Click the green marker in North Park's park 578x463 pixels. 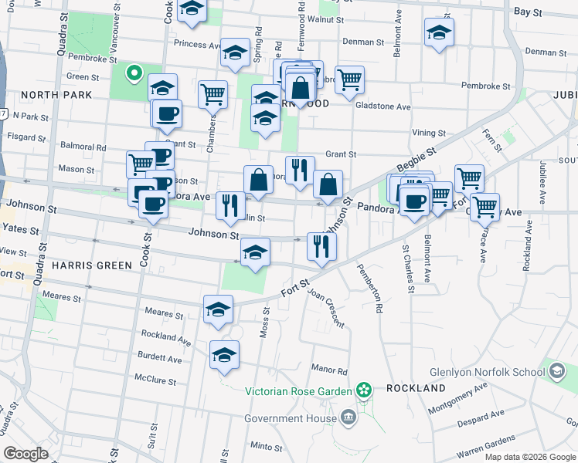pos(134,74)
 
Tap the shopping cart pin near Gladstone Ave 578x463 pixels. pos(349,79)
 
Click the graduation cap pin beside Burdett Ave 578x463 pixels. pos(224,354)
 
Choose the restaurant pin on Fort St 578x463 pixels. pos(321,245)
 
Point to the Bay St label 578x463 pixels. pos(526,12)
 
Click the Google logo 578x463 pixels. pos(26,454)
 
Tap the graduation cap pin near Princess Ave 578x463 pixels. pos(235,52)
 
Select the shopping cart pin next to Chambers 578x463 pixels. pos(212,94)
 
